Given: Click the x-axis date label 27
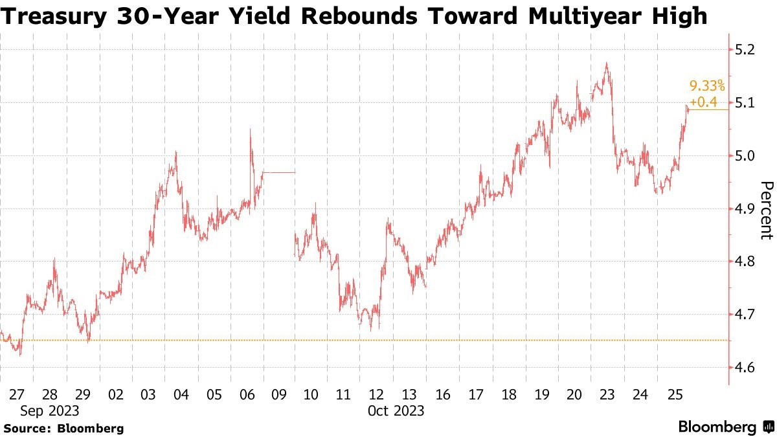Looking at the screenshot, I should [x=17, y=394].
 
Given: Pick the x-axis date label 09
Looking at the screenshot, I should [x=278, y=394].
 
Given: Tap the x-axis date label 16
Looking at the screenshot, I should [x=443, y=394].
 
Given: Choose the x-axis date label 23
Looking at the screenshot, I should [x=607, y=394].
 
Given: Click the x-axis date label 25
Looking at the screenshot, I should [x=673, y=394].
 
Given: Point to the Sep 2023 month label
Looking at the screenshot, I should [x=50, y=410].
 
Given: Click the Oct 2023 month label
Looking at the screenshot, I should [x=395, y=410].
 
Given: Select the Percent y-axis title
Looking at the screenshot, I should [x=766, y=210].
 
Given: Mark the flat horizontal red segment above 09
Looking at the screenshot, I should [x=279, y=172].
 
